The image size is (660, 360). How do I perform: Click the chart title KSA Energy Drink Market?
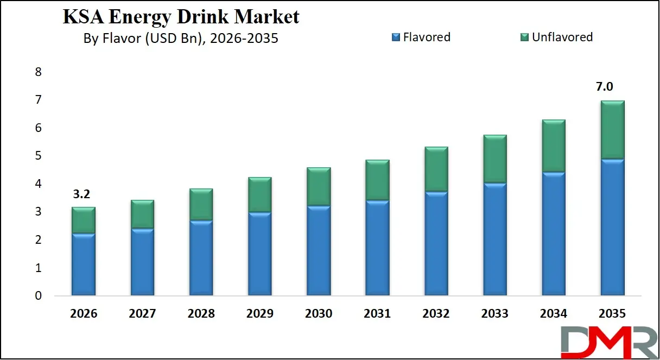tap(181, 17)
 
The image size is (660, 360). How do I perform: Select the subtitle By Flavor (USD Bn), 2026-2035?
tap(181, 39)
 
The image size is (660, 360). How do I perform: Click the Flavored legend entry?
tap(421, 37)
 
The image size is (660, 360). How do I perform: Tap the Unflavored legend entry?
tap(556, 37)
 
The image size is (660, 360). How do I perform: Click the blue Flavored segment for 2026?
tap(83, 265)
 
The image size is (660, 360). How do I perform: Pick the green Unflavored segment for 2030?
tap(318, 186)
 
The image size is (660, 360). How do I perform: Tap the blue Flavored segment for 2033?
tap(494, 239)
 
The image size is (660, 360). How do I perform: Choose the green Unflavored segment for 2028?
tap(201, 204)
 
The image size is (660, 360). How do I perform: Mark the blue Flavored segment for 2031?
tap(377, 248)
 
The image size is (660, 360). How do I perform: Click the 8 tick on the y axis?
tap(38, 72)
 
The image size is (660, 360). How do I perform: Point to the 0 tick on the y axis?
tap(38, 296)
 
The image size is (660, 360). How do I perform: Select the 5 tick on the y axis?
tap(38, 156)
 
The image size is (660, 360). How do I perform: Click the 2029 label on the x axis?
tap(259, 314)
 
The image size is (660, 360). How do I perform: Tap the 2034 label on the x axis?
tap(553, 314)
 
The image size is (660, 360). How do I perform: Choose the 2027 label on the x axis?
tap(142, 314)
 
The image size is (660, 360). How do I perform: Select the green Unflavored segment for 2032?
tap(435, 169)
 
